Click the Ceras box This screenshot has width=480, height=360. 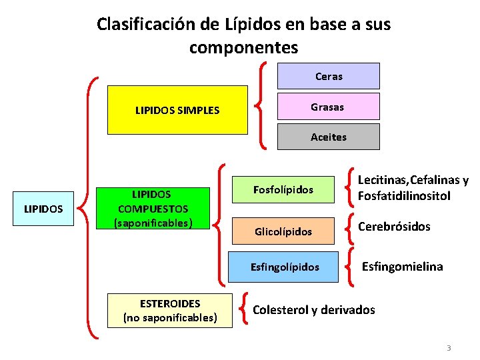328,76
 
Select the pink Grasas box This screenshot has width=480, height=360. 328,107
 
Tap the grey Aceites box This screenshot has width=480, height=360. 328,137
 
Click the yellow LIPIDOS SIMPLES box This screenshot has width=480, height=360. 177,110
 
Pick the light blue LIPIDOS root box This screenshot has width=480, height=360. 43,209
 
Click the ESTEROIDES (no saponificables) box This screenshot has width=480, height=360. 170,311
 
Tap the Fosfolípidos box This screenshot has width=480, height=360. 283,190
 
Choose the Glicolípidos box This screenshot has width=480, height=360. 283,231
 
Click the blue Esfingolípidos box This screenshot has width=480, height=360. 285,267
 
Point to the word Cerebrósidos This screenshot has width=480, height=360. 394,226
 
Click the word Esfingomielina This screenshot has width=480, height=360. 402,266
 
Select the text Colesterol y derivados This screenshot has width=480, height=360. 313,309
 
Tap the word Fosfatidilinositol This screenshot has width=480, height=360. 404,196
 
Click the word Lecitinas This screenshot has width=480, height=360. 383,180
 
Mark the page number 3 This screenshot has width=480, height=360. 449,348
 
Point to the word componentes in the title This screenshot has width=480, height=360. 243,48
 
